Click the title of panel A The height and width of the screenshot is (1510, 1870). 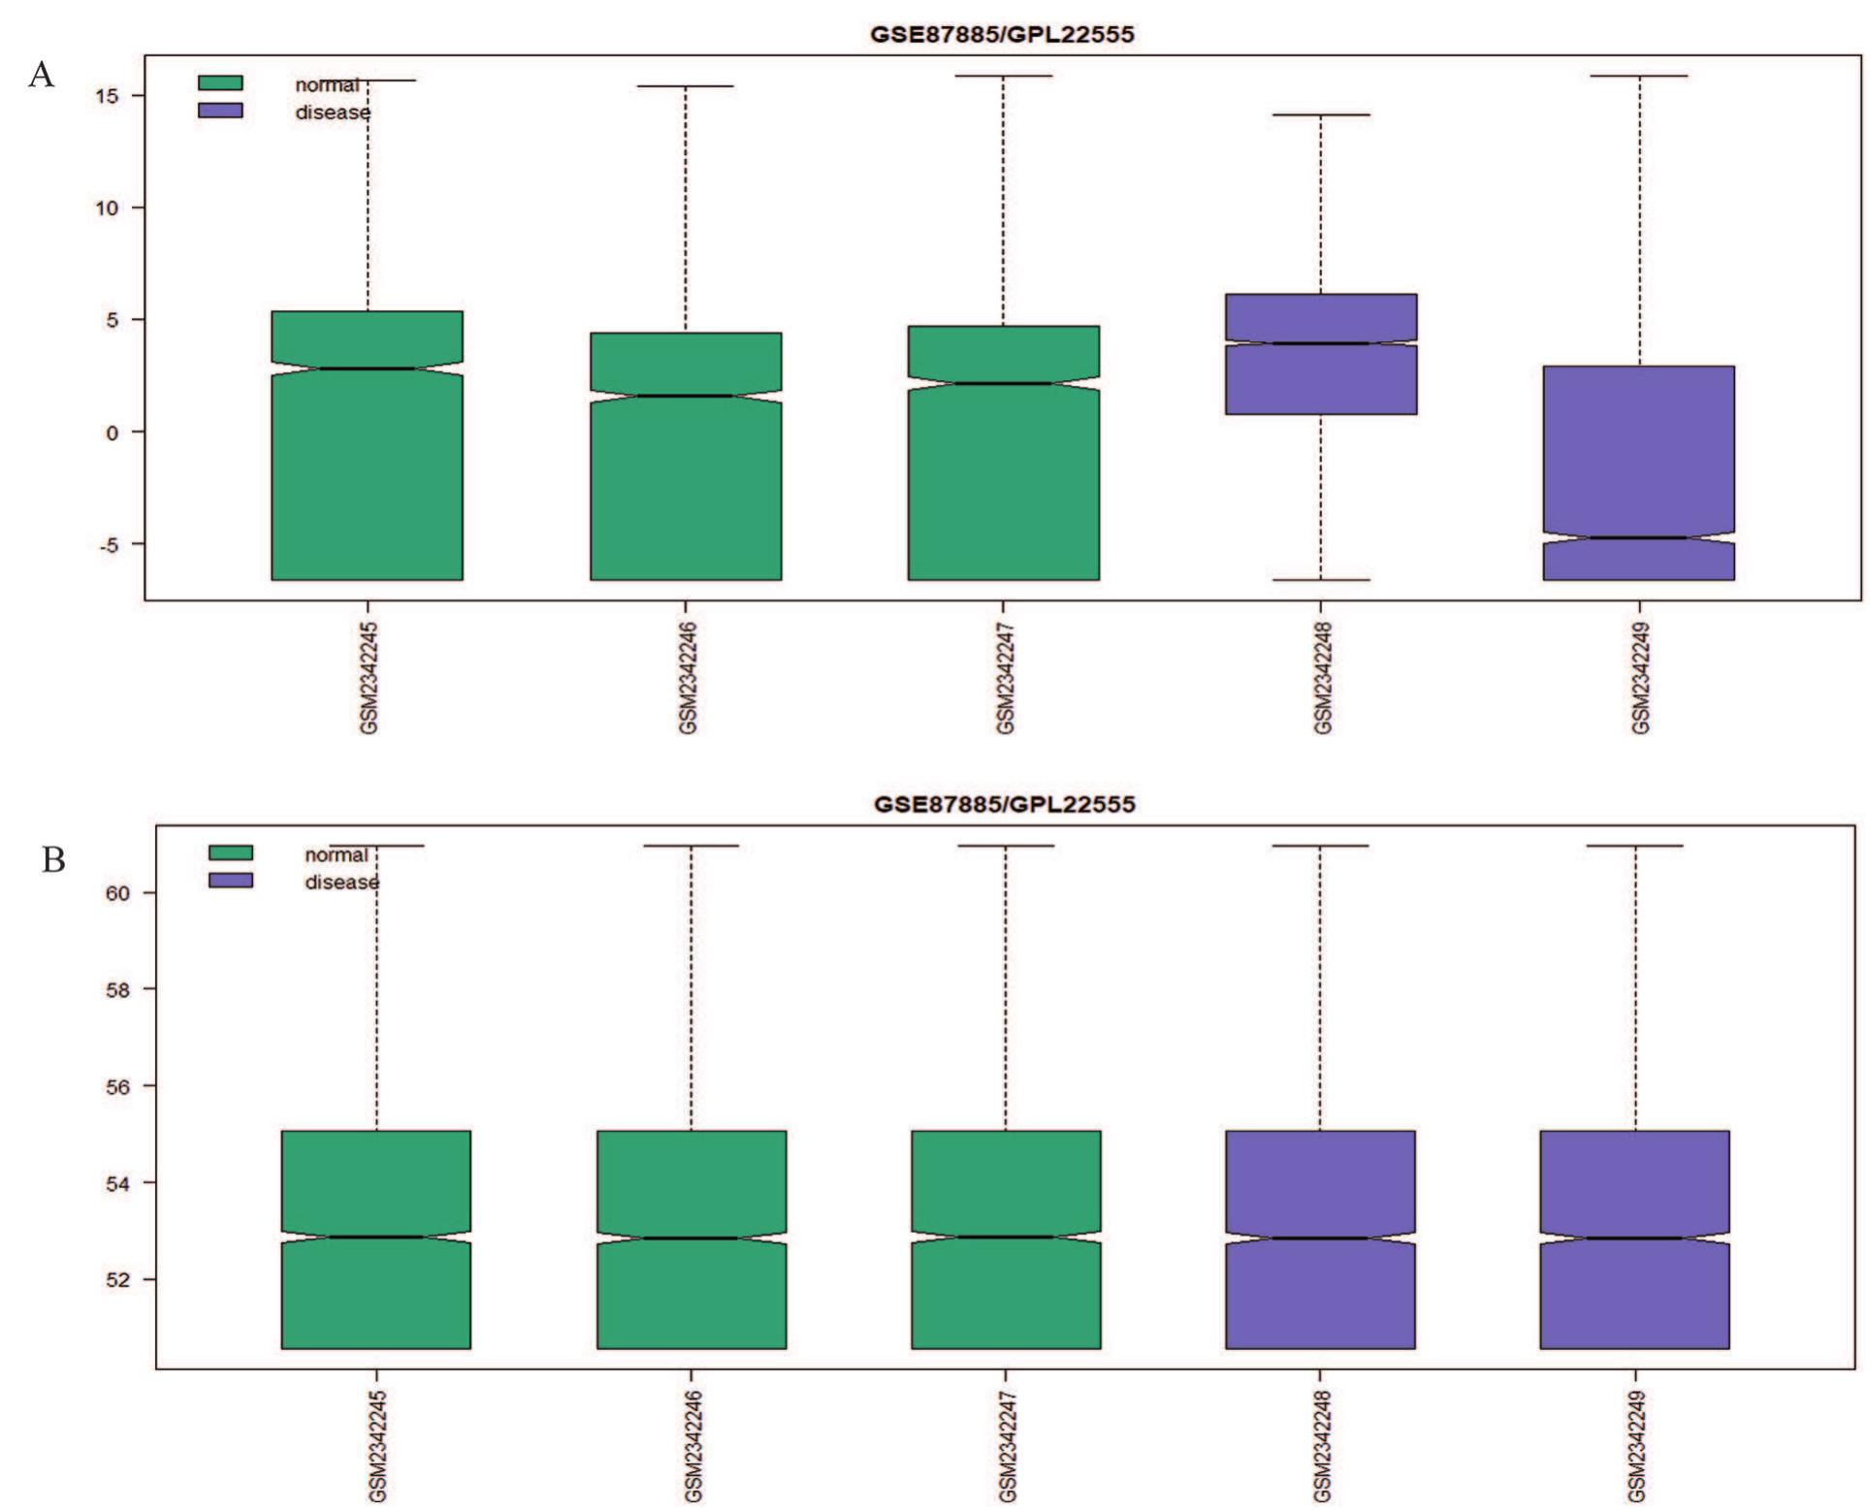tap(1002, 35)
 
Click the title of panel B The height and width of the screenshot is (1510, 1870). tap(1004, 804)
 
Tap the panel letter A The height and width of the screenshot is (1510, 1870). tap(41, 75)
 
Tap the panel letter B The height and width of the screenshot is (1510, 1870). tap(52, 859)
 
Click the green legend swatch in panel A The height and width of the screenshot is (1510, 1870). tap(220, 83)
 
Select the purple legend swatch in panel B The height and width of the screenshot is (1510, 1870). tap(231, 881)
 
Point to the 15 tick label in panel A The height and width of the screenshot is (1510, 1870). tap(107, 96)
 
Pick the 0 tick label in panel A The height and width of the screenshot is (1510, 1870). tap(112, 433)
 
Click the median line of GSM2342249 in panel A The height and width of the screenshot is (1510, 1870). tap(1638, 537)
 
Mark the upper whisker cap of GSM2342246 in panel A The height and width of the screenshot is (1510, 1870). tap(686, 86)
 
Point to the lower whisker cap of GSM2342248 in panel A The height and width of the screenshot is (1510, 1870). tap(1320, 580)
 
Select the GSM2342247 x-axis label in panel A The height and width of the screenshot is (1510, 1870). tap(1006, 679)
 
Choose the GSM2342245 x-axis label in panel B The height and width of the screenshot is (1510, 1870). tap(378, 1447)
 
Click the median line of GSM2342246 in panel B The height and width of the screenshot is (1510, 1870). tap(691, 1237)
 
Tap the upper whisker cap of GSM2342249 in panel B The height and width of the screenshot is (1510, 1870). tap(1634, 846)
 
